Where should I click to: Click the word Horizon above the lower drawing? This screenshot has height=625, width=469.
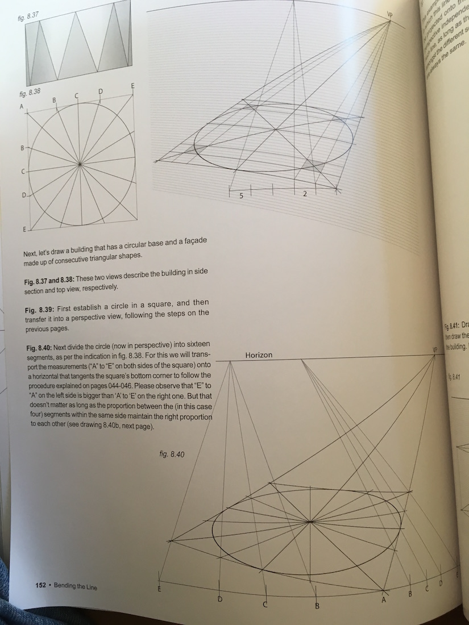click(259, 355)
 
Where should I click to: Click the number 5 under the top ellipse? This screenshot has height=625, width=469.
click(241, 195)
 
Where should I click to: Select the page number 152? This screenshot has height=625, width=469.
click(40, 585)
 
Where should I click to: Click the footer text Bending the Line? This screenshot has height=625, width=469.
click(75, 586)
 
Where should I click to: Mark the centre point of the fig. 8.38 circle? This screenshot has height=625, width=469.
click(80, 165)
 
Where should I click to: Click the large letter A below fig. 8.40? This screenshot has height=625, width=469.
click(383, 598)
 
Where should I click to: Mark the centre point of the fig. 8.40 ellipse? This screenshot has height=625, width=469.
click(310, 521)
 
